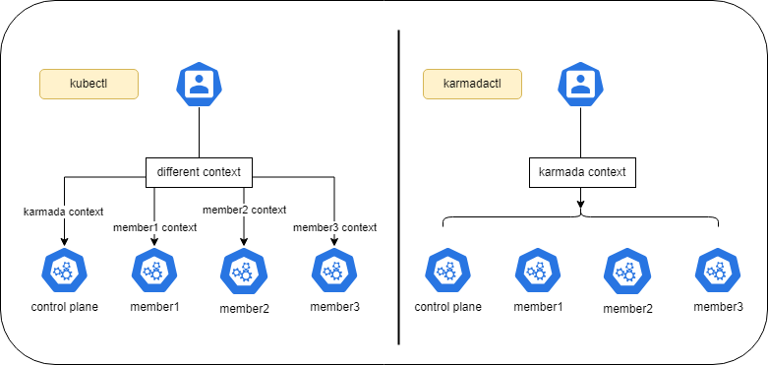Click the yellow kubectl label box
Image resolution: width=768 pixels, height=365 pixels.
(89, 85)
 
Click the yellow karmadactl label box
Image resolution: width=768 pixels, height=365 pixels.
(472, 85)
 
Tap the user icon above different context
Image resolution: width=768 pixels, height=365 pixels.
(199, 85)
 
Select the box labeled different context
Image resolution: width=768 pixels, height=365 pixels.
(200, 173)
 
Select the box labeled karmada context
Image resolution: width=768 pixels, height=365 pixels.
(581, 173)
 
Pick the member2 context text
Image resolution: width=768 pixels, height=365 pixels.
(244, 209)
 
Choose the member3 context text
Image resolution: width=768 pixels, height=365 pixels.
(335, 228)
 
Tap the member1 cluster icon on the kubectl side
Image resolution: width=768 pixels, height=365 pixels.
(154, 270)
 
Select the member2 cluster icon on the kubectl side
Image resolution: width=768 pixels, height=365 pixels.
(244, 271)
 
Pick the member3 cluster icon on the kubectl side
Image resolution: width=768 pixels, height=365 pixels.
(335, 270)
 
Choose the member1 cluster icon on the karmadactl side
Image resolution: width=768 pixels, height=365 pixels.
(538, 270)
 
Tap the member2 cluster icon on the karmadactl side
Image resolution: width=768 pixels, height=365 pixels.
(627, 271)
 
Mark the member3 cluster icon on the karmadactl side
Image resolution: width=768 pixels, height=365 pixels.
(718, 270)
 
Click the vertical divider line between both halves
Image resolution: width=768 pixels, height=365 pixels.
(398, 187)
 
